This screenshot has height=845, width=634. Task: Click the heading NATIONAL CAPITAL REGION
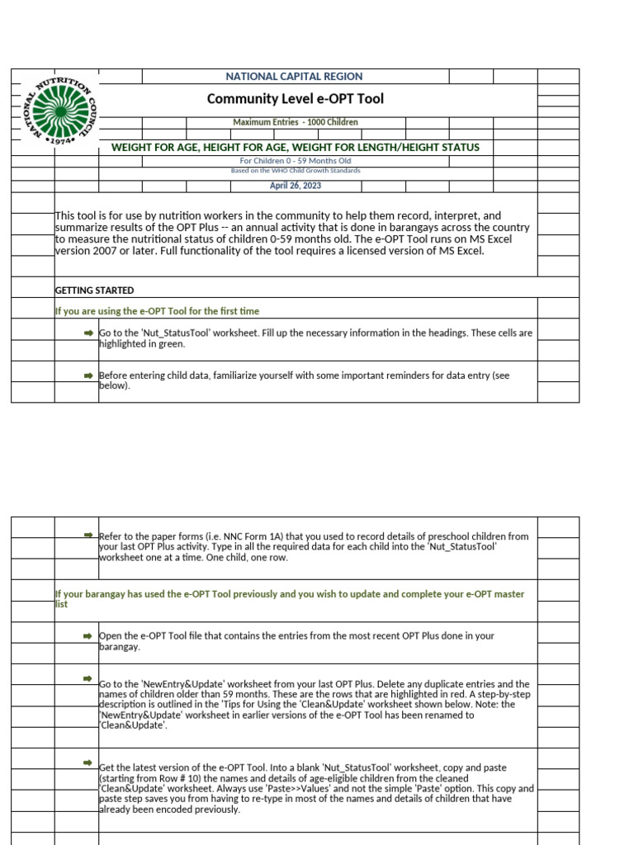point(295,76)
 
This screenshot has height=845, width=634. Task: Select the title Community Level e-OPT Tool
point(295,99)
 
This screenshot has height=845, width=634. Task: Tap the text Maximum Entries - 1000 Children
point(295,122)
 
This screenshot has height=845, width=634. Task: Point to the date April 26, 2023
point(295,186)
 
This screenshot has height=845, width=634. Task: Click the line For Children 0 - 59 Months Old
point(295,160)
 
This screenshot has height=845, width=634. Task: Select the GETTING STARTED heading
point(94,290)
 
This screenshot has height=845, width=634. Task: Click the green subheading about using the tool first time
point(157,311)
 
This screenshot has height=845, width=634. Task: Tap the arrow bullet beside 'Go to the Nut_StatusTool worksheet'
point(88,332)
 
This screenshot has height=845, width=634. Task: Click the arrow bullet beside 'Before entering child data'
point(88,375)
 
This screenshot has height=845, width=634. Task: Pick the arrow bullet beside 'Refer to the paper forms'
point(88,536)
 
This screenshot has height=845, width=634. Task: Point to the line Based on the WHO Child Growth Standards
point(295,171)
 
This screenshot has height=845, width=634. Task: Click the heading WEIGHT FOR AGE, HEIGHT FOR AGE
point(295,148)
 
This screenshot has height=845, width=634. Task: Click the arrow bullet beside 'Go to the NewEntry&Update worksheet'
point(88,678)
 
